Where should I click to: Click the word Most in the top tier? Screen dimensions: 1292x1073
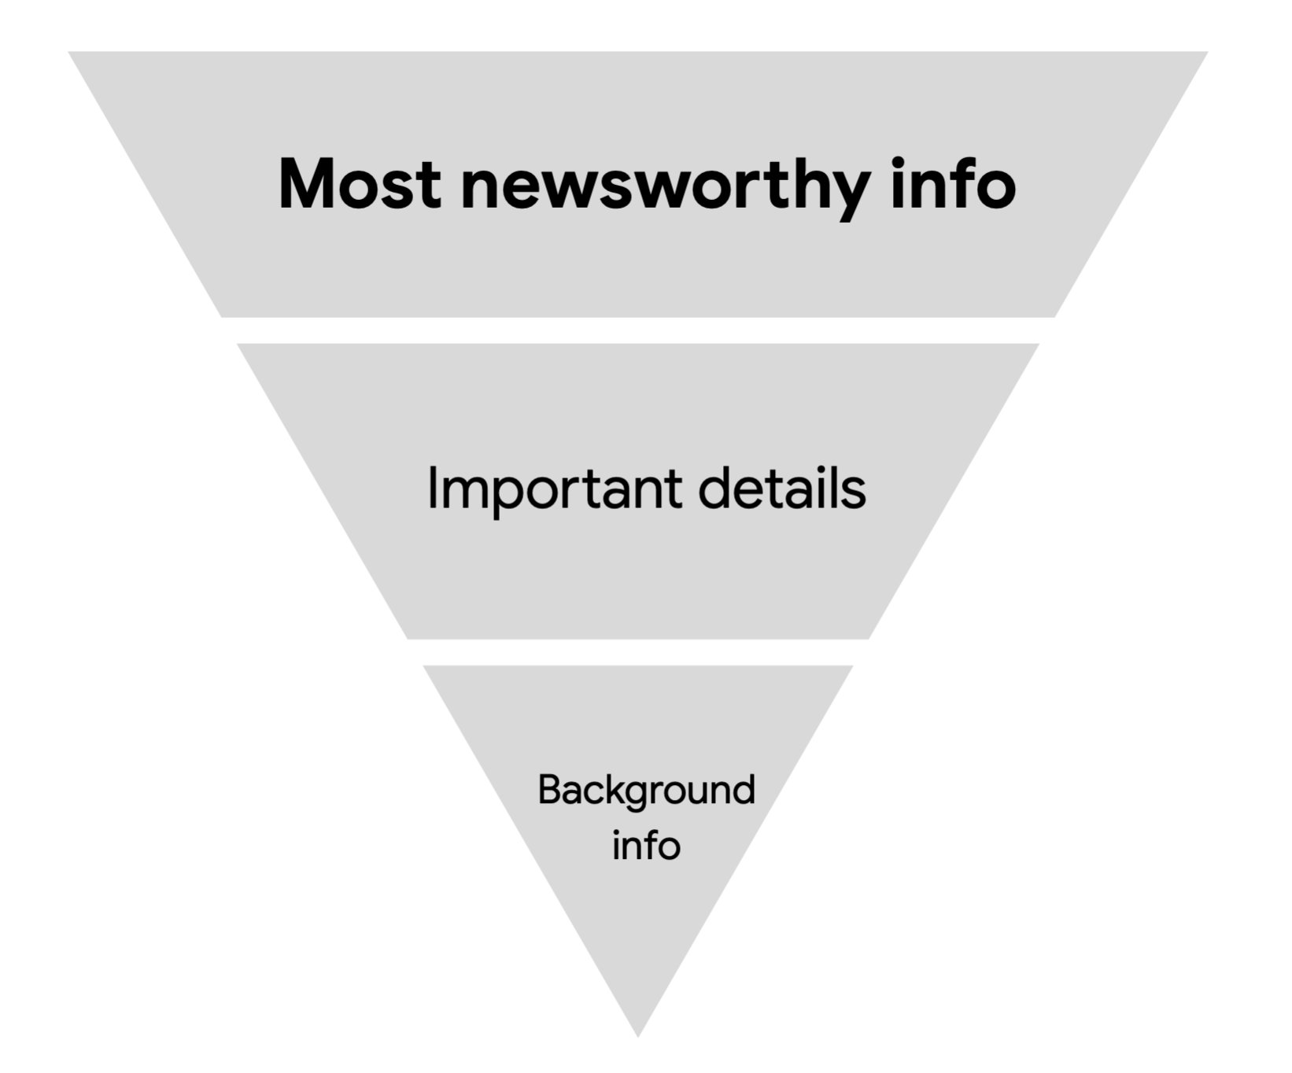tap(359, 184)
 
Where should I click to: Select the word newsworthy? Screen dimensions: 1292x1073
tap(665, 186)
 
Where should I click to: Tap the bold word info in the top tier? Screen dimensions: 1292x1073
tap(953, 184)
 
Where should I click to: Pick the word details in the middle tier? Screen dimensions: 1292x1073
tap(781, 489)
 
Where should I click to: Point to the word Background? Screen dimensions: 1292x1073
tap(646, 790)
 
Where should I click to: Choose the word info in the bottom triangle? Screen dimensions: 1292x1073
tap(646, 846)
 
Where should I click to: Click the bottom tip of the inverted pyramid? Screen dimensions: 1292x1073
tap(638, 1033)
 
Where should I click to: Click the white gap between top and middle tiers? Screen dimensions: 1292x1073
tap(638, 330)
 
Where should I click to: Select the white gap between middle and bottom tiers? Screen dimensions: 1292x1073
tap(638, 652)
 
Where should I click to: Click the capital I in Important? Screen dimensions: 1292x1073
tap(432, 489)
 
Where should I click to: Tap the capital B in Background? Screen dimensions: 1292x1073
tap(548, 790)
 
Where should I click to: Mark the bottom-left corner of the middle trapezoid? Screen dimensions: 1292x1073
tap(409, 637)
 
